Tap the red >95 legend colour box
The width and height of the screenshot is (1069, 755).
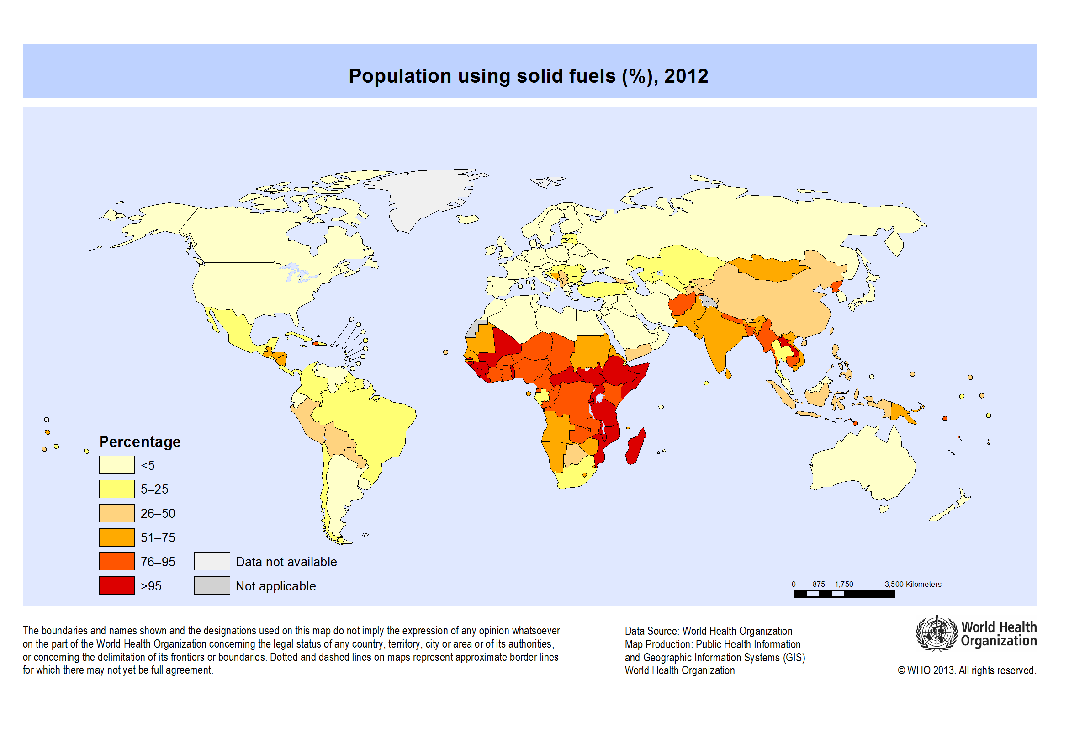(x=117, y=585)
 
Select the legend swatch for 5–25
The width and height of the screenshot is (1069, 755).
(x=117, y=489)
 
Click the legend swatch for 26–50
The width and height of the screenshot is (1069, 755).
(x=117, y=513)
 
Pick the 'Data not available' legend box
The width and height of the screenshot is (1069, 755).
(x=212, y=561)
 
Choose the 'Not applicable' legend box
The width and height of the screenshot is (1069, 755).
(x=212, y=585)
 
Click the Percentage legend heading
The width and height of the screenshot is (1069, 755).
(x=140, y=441)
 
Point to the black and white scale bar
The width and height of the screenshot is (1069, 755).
(x=844, y=594)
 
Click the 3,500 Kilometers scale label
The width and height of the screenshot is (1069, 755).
(x=913, y=584)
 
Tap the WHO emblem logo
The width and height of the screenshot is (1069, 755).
(x=936, y=633)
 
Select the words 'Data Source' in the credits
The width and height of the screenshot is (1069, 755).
(x=651, y=631)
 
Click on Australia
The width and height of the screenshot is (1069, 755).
(x=861, y=466)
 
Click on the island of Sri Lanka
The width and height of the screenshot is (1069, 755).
(x=728, y=373)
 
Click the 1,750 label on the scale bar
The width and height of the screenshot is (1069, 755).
(x=844, y=584)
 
